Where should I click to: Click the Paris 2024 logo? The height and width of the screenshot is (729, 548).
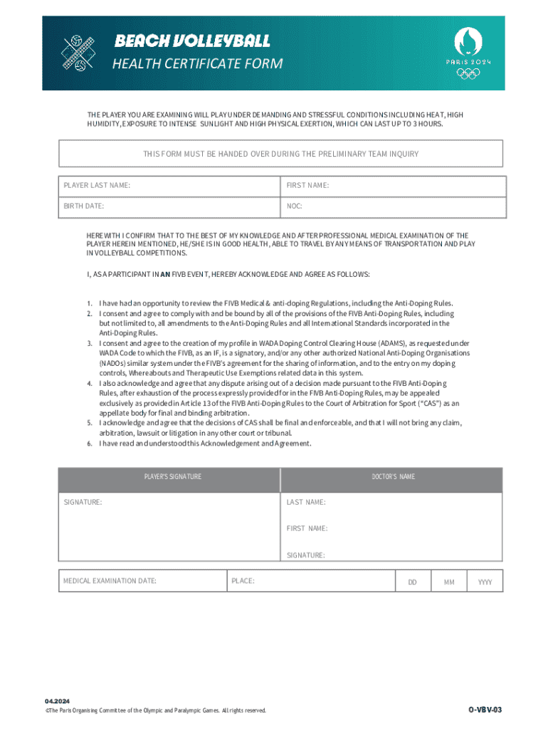(x=468, y=53)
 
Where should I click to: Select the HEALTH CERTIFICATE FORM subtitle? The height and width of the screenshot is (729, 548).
(x=197, y=64)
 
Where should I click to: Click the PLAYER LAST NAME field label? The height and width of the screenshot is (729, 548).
(x=97, y=185)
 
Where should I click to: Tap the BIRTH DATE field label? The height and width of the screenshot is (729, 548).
(x=84, y=206)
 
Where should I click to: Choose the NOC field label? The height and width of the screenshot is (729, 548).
(x=294, y=206)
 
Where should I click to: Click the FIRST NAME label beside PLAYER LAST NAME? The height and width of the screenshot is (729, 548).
(x=307, y=185)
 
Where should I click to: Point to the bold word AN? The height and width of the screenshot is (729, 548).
(x=165, y=273)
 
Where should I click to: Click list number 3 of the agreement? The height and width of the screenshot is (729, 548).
(x=90, y=343)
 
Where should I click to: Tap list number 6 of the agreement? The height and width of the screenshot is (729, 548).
(x=90, y=444)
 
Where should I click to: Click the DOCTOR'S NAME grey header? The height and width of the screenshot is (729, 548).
(x=393, y=476)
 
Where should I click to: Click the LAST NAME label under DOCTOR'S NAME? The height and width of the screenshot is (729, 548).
(x=306, y=502)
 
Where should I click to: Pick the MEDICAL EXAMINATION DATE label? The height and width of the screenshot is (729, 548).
(x=110, y=581)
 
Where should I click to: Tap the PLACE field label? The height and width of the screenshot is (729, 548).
(x=243, y=581)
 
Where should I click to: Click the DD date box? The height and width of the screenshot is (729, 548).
(x=412, y=582)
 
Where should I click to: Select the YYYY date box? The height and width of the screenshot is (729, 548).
(x=485, y=582)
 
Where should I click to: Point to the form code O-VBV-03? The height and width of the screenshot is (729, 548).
(x=485, y=710)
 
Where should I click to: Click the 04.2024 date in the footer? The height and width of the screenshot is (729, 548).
(x=56, y=701)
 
